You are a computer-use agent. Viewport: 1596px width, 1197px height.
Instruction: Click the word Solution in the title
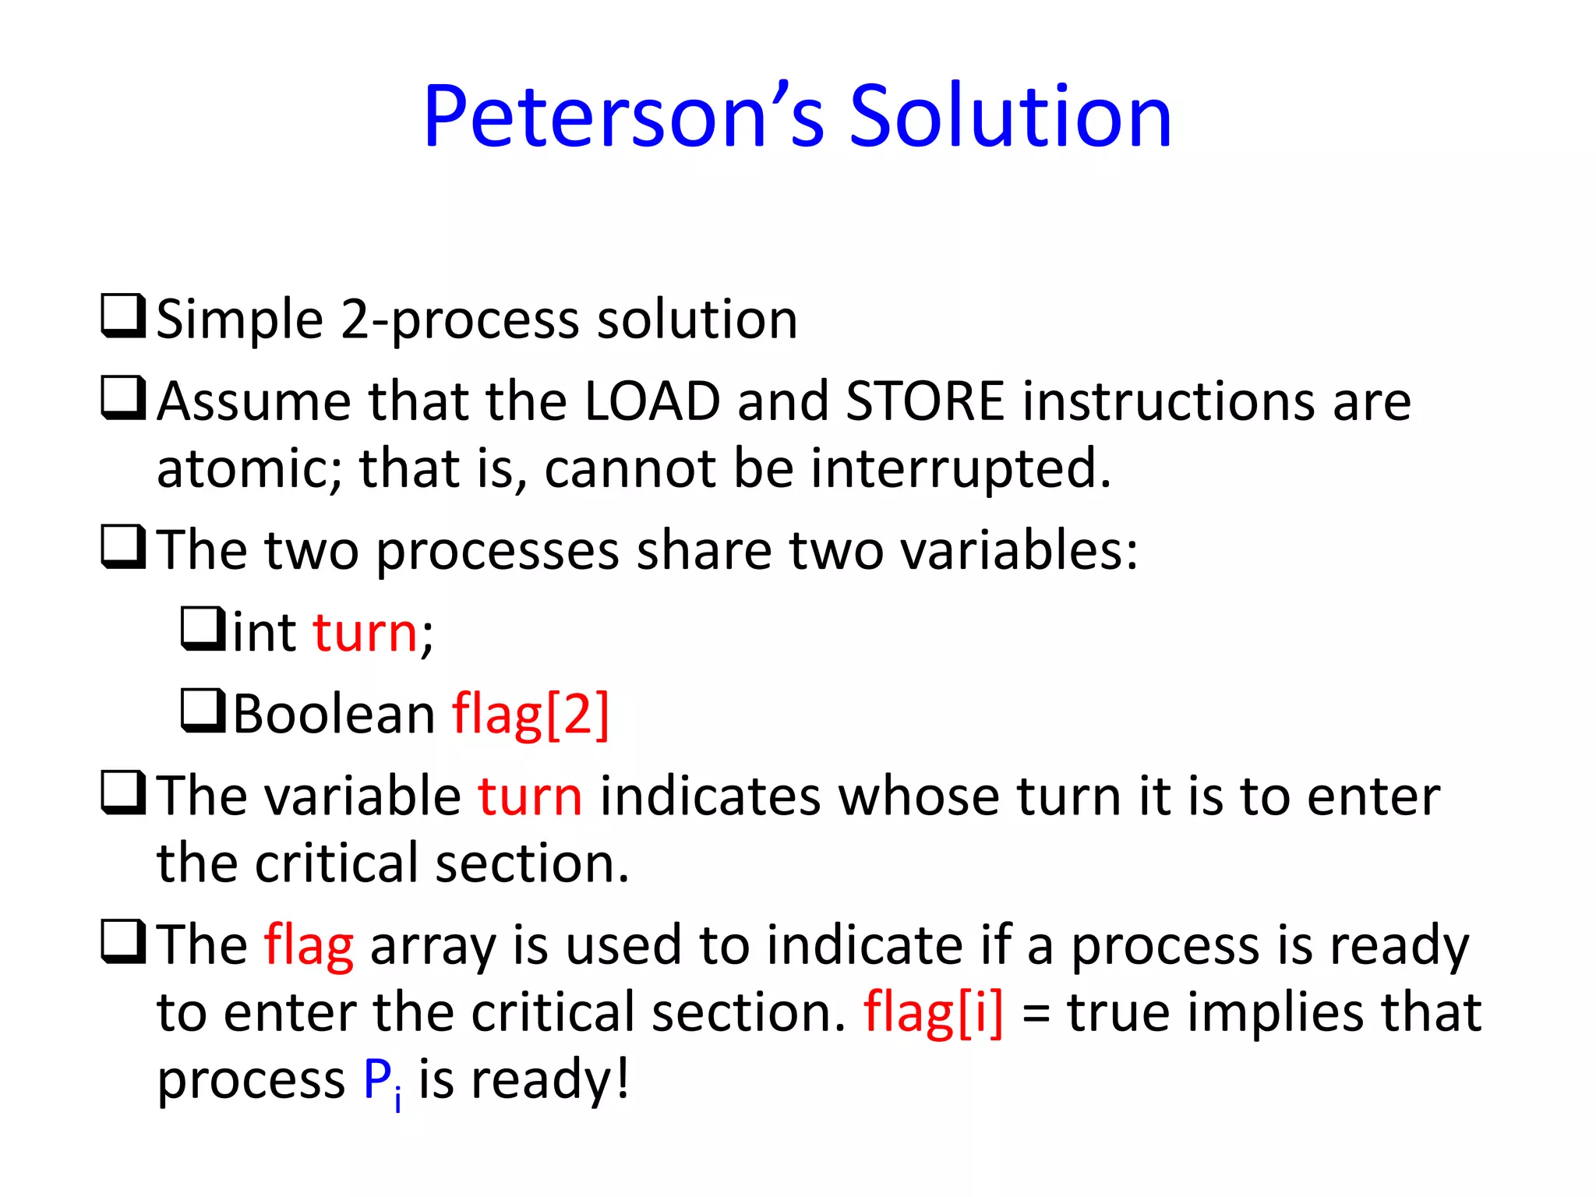pos(1010,117)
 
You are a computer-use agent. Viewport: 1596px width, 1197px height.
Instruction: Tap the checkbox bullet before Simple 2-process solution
pos(123,316)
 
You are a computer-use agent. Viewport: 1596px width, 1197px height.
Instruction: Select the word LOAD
pos(651,402)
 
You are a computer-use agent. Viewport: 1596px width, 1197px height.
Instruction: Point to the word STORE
pos(925,402)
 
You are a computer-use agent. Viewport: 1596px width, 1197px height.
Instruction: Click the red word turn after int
pos(365,633)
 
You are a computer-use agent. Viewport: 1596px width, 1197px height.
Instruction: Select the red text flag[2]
pos(531,715)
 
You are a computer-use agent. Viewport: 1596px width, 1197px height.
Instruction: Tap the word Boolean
pos(334,715)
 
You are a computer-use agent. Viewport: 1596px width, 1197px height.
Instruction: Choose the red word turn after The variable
pos(530,797)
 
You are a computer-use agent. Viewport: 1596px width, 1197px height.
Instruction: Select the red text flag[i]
pos(933,1014)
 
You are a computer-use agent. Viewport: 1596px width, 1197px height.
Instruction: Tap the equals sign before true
pos(1036,1015)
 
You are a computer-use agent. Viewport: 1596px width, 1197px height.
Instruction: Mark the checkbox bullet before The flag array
pos(123,942)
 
